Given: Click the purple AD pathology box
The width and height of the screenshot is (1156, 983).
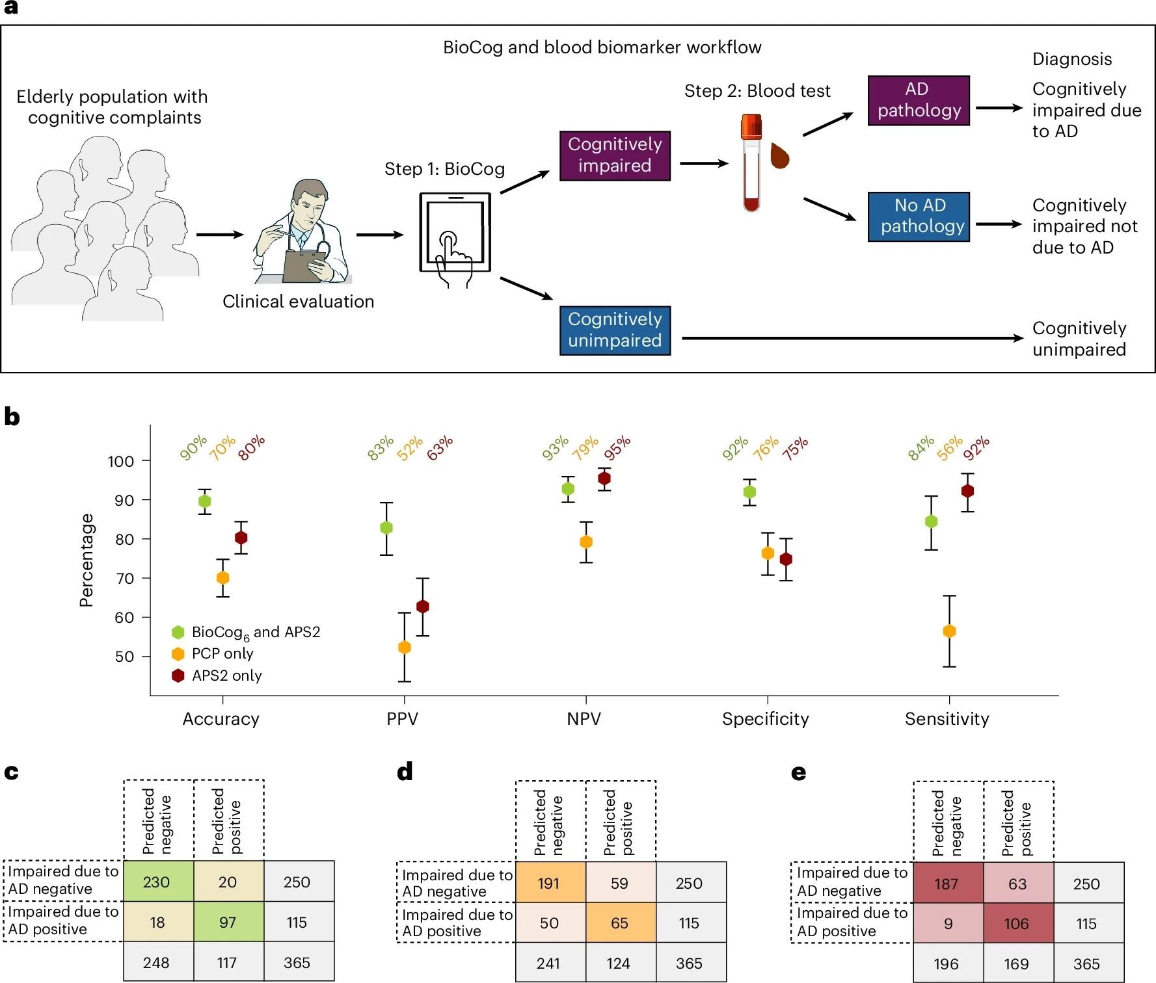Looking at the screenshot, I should pos(918,100).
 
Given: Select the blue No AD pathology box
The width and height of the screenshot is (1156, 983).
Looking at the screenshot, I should pos(918,216).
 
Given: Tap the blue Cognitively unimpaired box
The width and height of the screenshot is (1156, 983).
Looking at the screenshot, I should pos(614,330).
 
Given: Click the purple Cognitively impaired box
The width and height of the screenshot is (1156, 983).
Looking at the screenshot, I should pos(614,155).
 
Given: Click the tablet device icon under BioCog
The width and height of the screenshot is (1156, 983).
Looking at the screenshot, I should pos(455,233).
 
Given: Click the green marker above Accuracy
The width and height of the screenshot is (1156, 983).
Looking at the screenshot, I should pos(204,501).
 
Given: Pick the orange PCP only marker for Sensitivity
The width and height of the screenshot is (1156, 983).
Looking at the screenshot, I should pos(949,631).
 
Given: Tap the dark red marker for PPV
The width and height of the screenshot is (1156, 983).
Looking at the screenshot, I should pos(423,607).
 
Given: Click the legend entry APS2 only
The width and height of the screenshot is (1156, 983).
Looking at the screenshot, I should pos(226,675).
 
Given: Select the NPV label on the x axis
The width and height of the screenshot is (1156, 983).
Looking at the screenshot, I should pos(584,719).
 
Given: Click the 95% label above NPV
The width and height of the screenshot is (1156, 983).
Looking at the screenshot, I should pos(617,448).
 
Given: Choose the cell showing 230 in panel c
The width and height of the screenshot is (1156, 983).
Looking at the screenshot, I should pos(157,882).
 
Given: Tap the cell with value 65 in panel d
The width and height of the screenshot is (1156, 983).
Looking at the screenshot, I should pos(619,923).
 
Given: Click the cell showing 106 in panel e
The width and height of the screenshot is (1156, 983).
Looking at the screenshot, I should pos(1016,924).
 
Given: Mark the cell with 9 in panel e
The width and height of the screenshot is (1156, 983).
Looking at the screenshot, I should pos(948,924).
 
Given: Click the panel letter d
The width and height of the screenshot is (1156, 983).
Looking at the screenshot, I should pos(405,772).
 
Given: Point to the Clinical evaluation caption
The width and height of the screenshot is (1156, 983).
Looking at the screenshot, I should pos(298,302).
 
